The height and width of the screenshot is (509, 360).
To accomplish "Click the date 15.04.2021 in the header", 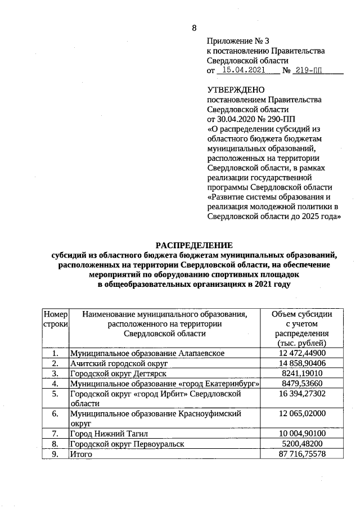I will click(243, 70).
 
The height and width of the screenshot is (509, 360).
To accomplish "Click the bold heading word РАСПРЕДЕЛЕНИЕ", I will click(193, 245).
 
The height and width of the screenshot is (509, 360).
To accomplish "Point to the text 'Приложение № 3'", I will click(238, 41).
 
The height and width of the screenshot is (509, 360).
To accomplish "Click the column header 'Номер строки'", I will click(55, 319).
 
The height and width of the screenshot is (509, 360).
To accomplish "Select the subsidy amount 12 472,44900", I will click(301, 353).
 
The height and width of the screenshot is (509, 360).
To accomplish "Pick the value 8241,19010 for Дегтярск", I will click(301, 373).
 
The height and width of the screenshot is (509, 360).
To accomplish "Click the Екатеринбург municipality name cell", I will click(164, 384).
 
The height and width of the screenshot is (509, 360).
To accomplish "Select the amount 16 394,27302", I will click(301, 394).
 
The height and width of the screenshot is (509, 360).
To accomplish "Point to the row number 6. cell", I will click(55, 413).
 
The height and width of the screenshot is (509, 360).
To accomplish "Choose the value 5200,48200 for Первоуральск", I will click(301, 444).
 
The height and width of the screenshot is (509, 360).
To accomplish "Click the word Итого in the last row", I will click(80, 454).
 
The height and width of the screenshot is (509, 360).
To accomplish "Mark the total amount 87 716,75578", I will click(301, 454).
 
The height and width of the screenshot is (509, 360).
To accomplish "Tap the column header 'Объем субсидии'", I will click(301, 314).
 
